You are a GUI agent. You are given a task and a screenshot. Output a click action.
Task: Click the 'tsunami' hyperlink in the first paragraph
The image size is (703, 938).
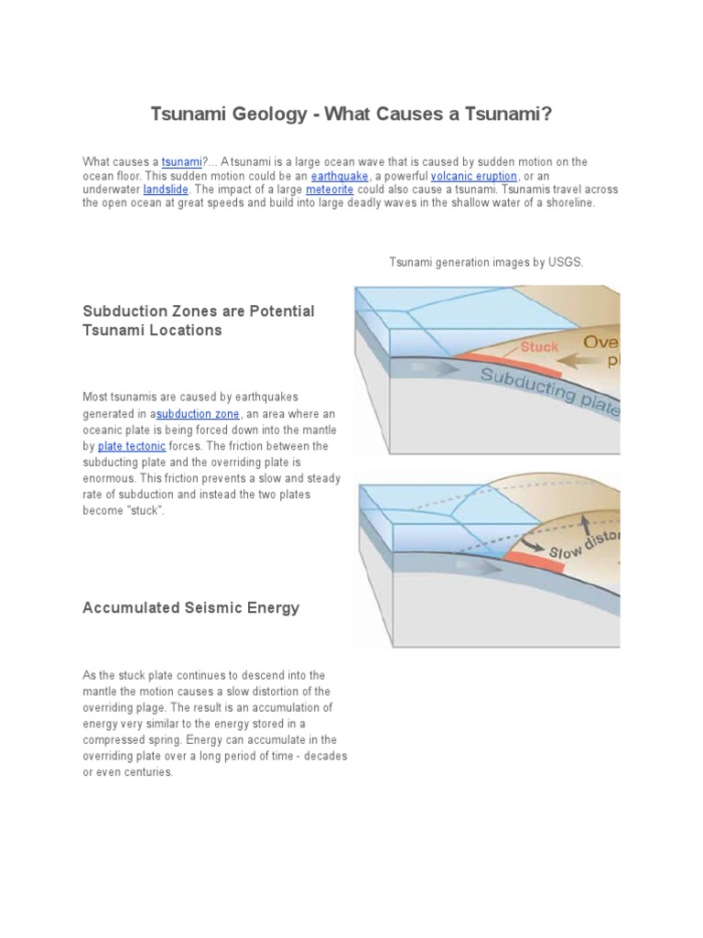[180, 162]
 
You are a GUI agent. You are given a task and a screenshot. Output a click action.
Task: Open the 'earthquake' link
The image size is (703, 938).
[340, 176]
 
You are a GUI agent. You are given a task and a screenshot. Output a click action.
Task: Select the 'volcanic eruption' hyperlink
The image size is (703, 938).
[481, 176]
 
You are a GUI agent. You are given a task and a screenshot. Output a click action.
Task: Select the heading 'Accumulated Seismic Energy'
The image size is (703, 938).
[190, 608]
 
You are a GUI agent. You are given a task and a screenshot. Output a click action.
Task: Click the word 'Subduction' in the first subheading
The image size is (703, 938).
[124, 311]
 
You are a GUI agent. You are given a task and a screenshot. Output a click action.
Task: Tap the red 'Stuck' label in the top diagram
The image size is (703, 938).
[539, 347]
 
